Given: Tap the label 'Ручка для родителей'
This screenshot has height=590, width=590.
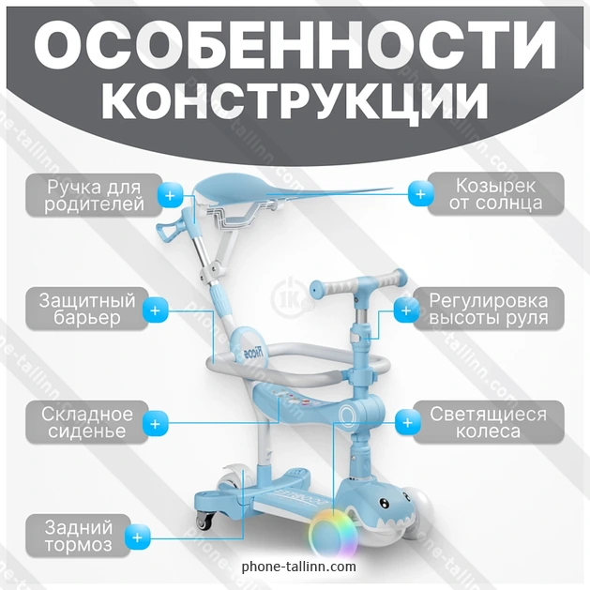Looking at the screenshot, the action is click(94, 196).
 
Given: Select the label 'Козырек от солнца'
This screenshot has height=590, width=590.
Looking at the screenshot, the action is click(495, 194).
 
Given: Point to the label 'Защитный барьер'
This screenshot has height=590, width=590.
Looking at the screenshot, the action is click(87, 309).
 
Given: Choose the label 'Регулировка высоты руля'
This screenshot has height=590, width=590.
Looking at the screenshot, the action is click(489, 309).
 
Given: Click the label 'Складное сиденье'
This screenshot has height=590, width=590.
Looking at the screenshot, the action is click(87, 422).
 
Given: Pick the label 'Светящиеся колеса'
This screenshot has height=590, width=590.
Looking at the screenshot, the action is click(488, 422).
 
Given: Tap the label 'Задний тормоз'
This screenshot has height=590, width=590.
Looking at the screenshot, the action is click(78, 536).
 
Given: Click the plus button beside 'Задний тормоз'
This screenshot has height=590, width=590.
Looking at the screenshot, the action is click(137, 537).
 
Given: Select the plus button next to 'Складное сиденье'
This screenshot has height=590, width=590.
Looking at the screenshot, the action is click(155, 424).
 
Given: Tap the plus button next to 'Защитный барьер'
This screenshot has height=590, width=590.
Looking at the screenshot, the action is click(155, 310).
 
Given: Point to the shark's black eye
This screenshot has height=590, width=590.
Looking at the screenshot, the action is click(383, 503).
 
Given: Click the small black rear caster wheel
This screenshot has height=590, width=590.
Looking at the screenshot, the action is click(204, 520).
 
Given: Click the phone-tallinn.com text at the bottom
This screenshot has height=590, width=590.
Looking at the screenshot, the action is click(299, 567).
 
